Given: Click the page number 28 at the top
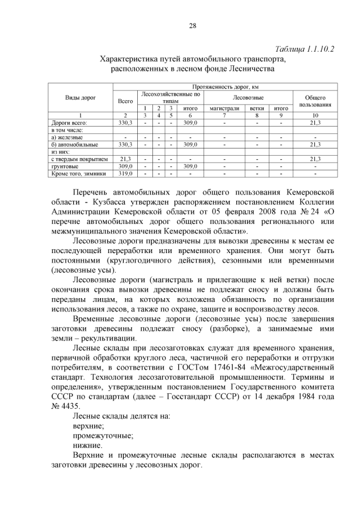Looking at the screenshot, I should point(191,25).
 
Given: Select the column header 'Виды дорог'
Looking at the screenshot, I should point(80,97).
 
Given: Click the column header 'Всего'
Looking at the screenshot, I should point(125,101).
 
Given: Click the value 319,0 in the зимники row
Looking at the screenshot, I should point(125,174).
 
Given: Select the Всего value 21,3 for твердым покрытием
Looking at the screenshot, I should point(125,159).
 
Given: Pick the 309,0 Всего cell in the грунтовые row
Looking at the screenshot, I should point(125,166).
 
